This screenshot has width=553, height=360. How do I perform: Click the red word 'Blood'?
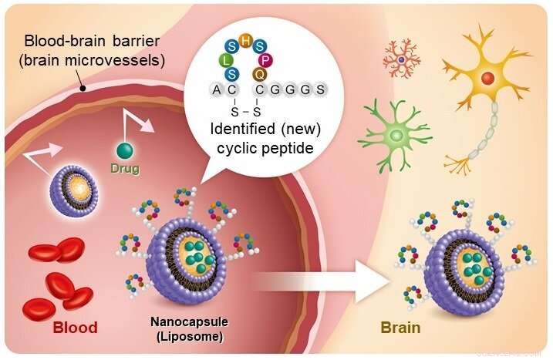(x=74, y=328)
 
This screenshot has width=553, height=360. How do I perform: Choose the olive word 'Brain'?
(x=400, y=328)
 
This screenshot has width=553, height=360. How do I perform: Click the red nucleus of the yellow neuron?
(x=487, y=78)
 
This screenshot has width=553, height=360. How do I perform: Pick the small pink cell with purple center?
(x=402, y=59)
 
